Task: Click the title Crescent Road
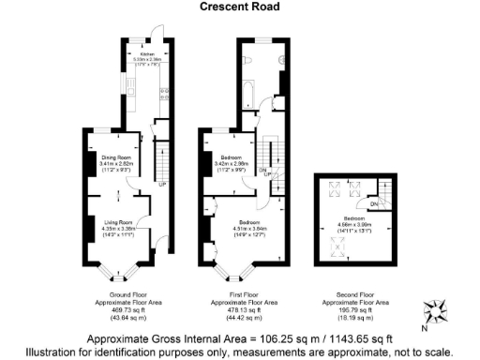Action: (x=239, y=7)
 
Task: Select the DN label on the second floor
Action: (x=373, y=203)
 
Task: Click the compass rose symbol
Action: (x=437, y=307)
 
